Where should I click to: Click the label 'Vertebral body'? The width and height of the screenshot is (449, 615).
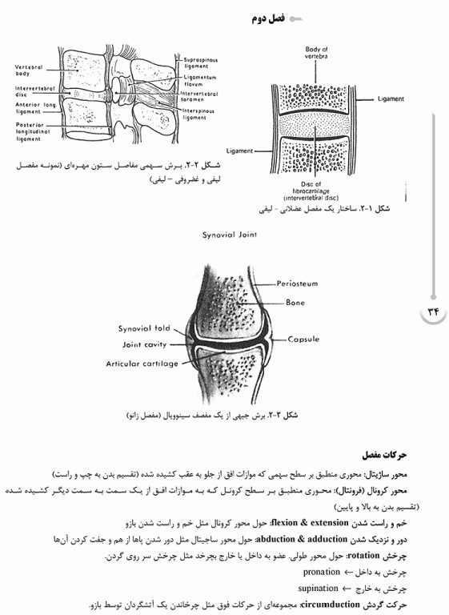coord(32,70)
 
